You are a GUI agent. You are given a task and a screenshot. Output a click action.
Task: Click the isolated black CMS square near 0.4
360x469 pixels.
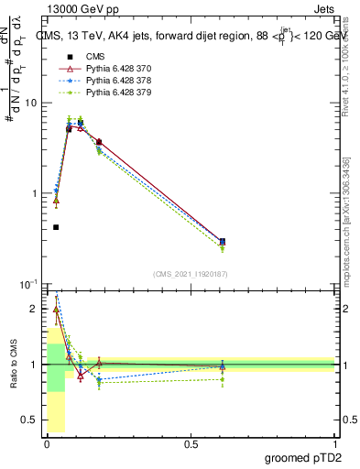click(56, 227)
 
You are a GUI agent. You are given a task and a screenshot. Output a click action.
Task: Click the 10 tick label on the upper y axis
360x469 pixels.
click(31, 103)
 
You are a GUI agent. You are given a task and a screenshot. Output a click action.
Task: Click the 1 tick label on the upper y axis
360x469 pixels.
click(34, 194)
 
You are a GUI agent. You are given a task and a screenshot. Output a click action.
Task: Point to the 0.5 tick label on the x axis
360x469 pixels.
click(191, 444)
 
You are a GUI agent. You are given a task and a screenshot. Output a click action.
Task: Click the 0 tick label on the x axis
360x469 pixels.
click(47, 444)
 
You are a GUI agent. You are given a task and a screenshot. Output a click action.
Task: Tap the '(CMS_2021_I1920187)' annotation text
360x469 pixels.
click(190, 274)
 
